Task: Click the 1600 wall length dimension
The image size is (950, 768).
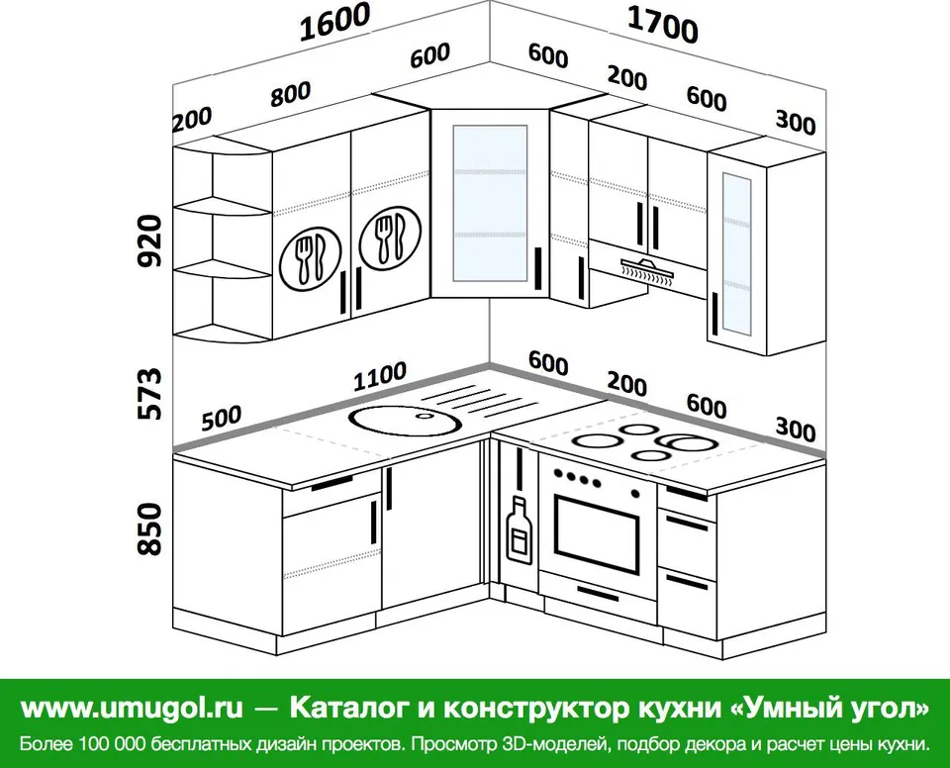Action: click(335, 23)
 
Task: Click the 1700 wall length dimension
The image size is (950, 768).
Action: click(663, 24)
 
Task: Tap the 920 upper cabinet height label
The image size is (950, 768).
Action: click(150, 240)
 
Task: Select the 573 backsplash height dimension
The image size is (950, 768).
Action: click(150, 393)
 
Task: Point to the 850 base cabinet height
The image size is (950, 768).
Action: click(150, 528)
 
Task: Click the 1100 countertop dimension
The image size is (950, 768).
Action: click(380, 376)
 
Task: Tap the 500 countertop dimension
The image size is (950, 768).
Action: click(221, 418)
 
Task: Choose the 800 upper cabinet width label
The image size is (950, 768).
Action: click(291, 94)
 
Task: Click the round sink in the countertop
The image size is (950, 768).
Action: click(406, 420)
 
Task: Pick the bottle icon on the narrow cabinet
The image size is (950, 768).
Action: click(520, 529)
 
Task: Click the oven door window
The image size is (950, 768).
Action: click(596, 534)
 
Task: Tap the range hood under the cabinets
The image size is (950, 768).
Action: click(647, 270)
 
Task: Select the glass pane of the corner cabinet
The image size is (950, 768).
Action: click(490, 203)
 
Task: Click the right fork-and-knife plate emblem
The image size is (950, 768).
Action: click(390, 237)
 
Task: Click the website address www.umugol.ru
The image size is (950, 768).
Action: click(132, 708)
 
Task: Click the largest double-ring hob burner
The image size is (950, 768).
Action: click(688, 443)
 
